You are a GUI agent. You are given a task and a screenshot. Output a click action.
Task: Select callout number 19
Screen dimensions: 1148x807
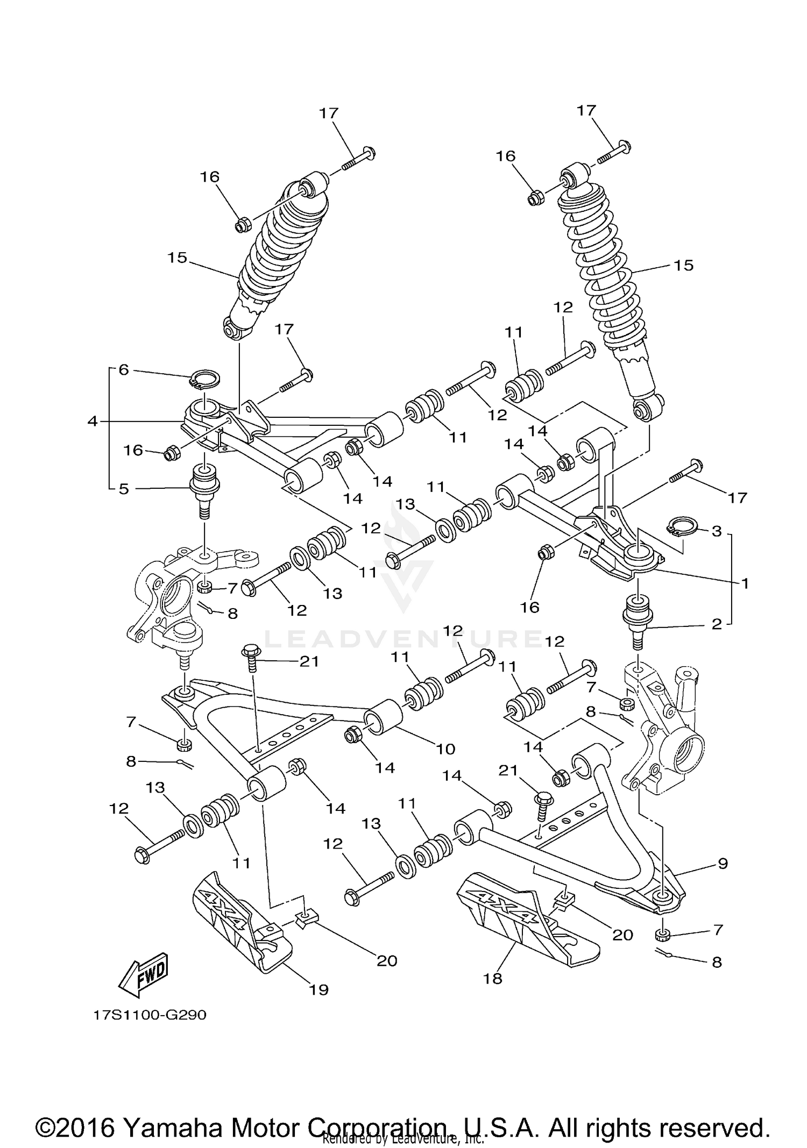(x=318, y=989)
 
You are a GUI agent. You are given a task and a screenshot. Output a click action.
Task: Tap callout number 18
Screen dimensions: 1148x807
(x=492, y=978)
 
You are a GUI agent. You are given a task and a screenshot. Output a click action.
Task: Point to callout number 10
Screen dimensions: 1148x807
(x=446, y=748)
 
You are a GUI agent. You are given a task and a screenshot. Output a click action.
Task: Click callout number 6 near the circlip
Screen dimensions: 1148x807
(x=124, y=370)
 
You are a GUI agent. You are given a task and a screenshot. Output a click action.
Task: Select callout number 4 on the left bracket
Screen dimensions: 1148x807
(x=93, y=421)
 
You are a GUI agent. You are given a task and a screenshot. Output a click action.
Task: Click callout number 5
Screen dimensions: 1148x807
(x=124, y=489)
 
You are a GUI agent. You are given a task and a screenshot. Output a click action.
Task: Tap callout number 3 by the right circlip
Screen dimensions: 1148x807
(x=717, y=531)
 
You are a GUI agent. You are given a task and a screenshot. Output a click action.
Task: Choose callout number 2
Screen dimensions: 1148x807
(x=717, y=624)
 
